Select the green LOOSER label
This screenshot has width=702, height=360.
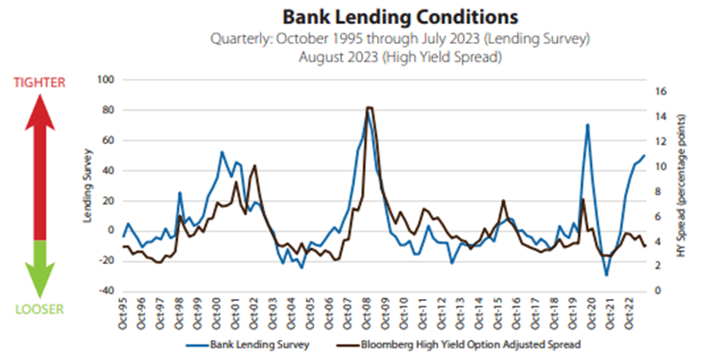point(39,310)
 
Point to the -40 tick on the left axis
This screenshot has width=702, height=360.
point(107,290)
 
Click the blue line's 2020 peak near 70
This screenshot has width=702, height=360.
point(588,125)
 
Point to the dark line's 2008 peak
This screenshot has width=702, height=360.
point(369,108)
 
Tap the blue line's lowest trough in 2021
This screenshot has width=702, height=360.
point(606,275)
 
